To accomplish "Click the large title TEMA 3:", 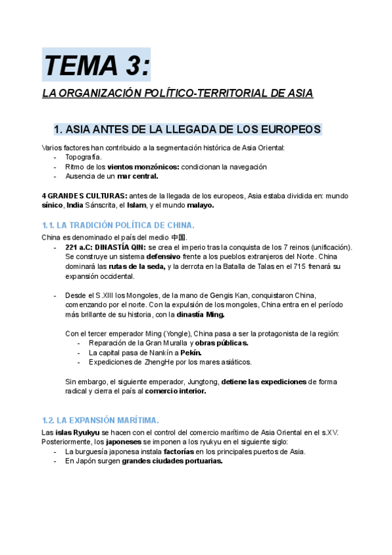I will (x=96, y=65).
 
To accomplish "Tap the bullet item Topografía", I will (x=83, y=157).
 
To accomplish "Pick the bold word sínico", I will (x=52, y=206).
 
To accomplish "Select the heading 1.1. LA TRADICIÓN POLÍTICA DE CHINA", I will (x=118, y=225).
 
